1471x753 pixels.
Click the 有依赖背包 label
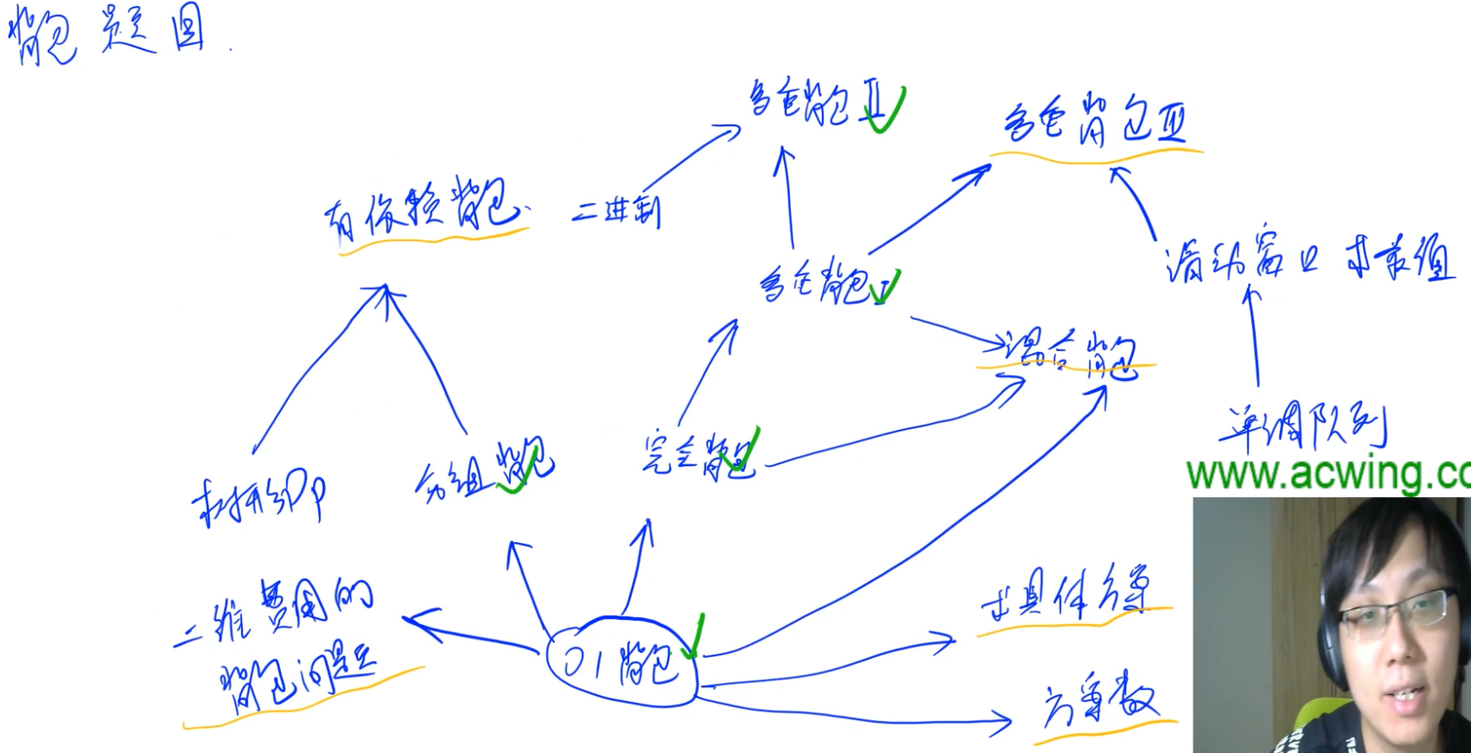(423, 212)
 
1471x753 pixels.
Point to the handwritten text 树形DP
(258, 500)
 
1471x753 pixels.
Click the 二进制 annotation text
(616, 210)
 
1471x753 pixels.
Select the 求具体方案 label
(1067, 596)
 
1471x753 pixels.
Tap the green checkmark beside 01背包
(693, 640)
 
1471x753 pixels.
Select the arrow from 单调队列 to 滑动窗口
(1254, 337)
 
